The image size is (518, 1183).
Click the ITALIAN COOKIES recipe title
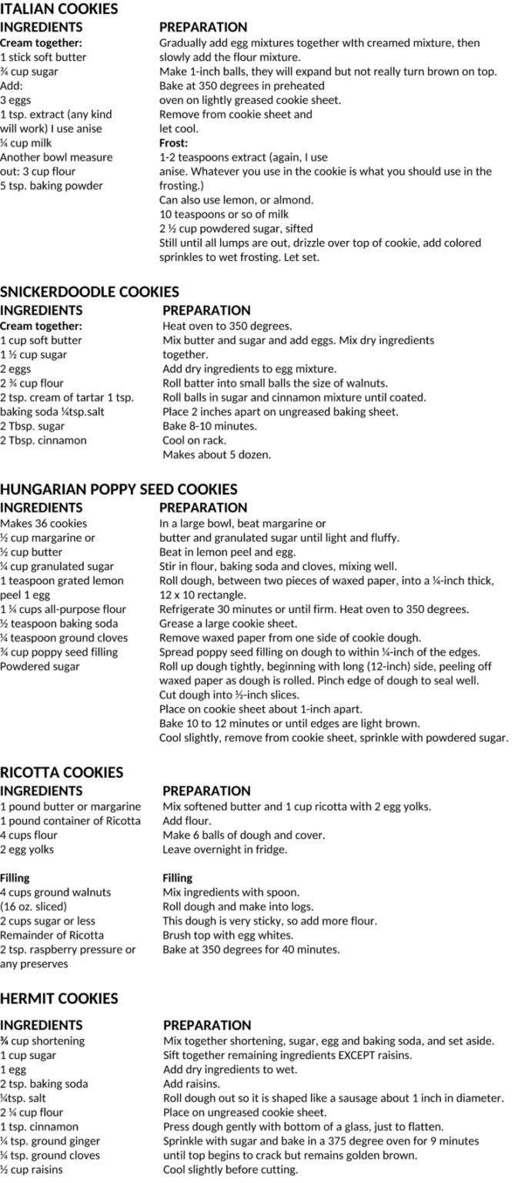(59, 9)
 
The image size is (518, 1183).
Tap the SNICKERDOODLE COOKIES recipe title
(89, 292)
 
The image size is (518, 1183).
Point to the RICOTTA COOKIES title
(62, 772)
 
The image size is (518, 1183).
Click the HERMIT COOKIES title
(59, 998)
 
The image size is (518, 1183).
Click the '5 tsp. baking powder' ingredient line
(52, 186)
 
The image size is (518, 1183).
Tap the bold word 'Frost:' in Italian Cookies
(174, 142)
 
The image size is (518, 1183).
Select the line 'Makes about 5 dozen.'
(216, 455)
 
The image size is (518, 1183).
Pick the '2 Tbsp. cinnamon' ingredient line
(44, 441)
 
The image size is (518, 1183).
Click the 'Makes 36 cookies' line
(43, 524)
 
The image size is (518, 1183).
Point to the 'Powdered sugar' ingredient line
(40, 666)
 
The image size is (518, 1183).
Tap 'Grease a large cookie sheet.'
(228, 623)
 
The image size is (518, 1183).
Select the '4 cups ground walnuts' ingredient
(55, 892)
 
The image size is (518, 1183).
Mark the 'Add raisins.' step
(192, 1084)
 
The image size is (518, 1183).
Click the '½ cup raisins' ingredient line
(32, 1170)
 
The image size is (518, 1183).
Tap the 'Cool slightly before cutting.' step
(230, 1170)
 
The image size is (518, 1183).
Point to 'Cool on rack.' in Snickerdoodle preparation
(194, 441)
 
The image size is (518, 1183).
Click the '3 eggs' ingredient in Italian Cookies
(15, 100)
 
